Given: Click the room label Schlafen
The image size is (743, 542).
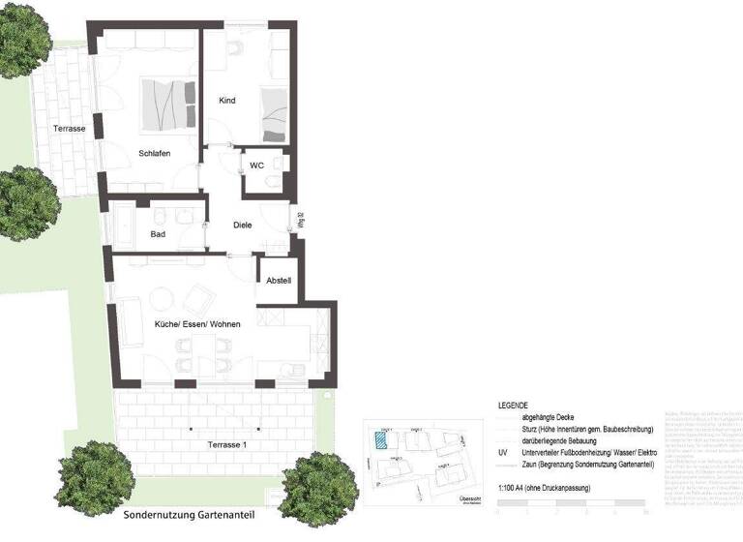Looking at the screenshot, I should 155,153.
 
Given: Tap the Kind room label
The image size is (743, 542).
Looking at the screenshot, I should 227,101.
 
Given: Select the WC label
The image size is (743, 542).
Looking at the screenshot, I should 256,166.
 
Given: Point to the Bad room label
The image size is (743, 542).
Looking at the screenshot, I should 158,234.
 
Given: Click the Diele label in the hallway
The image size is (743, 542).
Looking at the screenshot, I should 243,225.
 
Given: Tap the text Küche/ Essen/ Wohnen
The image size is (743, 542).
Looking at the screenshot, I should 197,324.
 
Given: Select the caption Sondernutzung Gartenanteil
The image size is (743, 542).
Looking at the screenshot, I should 189,515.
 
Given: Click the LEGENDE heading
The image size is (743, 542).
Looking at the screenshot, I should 513,405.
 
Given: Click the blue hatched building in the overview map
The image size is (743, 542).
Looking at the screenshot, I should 384,439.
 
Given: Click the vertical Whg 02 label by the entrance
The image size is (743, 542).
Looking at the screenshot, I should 300,223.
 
